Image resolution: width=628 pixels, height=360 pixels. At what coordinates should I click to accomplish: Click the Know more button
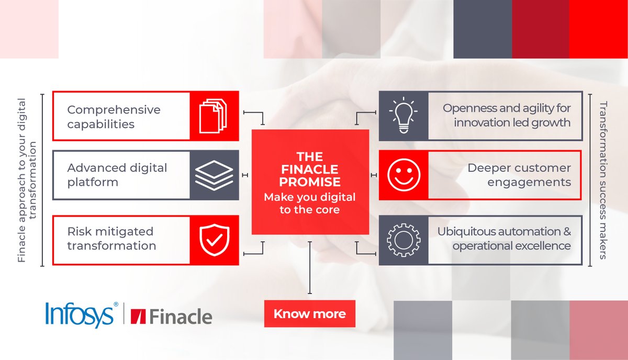click(x=309, y=314)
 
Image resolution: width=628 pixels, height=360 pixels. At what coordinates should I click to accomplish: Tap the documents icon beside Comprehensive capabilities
click(x=214, y=116)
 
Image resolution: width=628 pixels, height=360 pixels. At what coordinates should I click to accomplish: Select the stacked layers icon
click(x=214, y=175)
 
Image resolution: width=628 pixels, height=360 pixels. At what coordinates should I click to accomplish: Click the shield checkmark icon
click(x=214, y=240)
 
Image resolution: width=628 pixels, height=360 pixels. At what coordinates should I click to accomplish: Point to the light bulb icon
click(x=403, y=116)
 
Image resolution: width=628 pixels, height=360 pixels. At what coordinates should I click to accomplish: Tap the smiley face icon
click(x=403, y=175)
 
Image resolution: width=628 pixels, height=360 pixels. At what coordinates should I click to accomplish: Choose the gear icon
click(x=403, y=240)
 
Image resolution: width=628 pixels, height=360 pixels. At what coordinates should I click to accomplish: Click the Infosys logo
click(x=80, y=316)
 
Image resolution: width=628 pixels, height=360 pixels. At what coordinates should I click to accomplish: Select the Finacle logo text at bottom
click(x=173, y=317)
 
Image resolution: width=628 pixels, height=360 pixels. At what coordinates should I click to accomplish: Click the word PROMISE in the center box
click(x=309, y=182)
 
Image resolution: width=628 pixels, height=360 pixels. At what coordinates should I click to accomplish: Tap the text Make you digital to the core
click(x=309, y=204)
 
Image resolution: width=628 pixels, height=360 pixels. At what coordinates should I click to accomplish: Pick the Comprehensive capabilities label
click(x=114, y=117)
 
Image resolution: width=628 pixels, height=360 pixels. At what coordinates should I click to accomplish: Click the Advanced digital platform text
click(x=117, y=175)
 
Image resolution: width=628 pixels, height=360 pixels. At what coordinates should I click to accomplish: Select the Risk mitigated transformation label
click(x=111, y=239)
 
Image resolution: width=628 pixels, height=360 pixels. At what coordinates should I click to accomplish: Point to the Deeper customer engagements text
click(x=519, y=175)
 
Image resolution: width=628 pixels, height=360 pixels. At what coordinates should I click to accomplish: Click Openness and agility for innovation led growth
click(x=506, y=116)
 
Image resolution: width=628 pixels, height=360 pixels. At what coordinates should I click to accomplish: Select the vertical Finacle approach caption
click(x=27, y=180)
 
